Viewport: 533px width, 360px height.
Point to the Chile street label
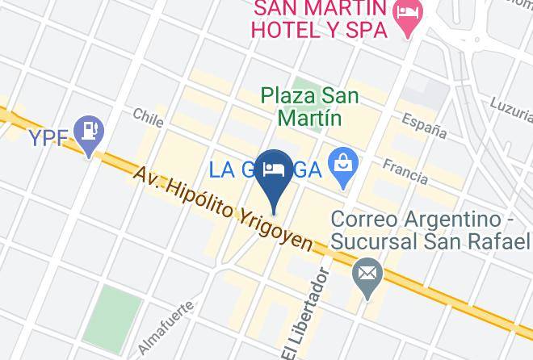point(149,119)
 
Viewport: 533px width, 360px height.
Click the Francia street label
point(405,170)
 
